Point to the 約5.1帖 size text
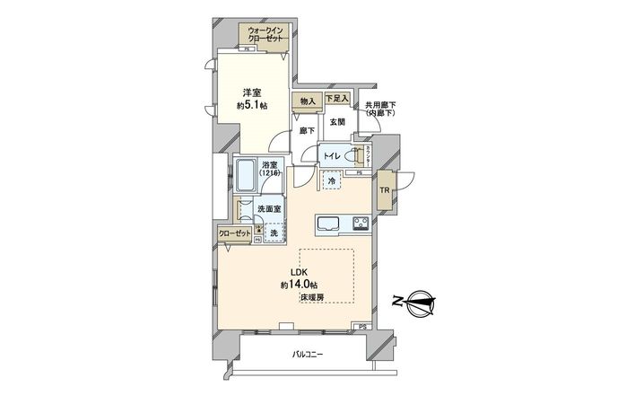click(x=252, y=105)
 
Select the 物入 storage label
click(x=306, y=101)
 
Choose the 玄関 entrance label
click(x=336, y=121)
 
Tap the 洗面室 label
click(x=269, y=210)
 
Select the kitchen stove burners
click(x=361, y=224)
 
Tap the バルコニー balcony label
click(x=308, y=354)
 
